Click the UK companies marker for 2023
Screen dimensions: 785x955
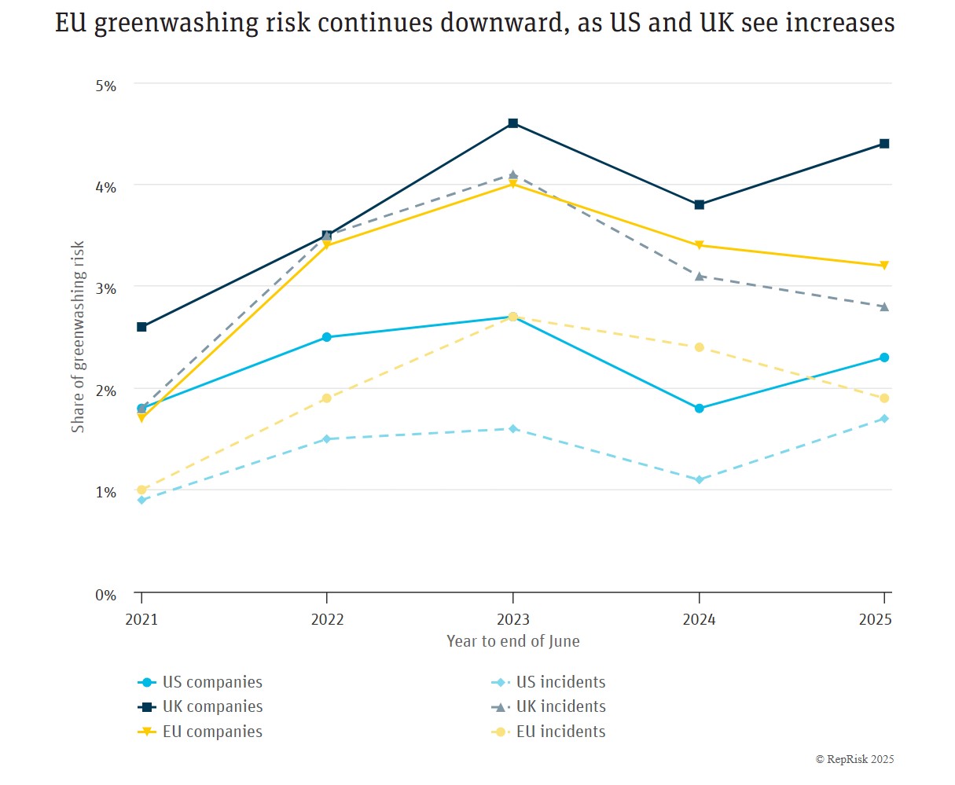tap(513, 123)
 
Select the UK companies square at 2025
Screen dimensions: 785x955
tap(884, 144)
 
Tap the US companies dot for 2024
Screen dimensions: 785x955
tap(699, 409)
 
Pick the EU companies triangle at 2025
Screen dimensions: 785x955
tap(884, 266)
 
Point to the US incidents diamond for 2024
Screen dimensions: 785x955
tap(699, 479)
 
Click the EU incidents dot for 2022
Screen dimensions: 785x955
tap(327, 398)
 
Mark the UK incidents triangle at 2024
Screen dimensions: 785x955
tap(699, 276)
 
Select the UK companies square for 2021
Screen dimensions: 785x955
tap(141, 327)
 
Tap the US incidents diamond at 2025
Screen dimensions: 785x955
tap(884, 419)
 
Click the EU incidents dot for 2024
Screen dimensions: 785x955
tap(699, 347)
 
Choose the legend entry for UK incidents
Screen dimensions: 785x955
tap(560, 707)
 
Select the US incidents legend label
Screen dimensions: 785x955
tap(560, 682)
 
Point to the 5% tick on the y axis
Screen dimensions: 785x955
tap(106, 86)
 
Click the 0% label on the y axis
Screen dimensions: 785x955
tap(106, 595)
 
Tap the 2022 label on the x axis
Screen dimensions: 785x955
tap(327, 619)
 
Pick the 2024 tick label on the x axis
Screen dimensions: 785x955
tap(699, 619)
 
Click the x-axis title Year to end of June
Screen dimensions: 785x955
tap(513, 641)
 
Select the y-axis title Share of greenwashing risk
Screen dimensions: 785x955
tap(78, 336)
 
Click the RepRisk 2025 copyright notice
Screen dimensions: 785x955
tap(854, 759)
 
